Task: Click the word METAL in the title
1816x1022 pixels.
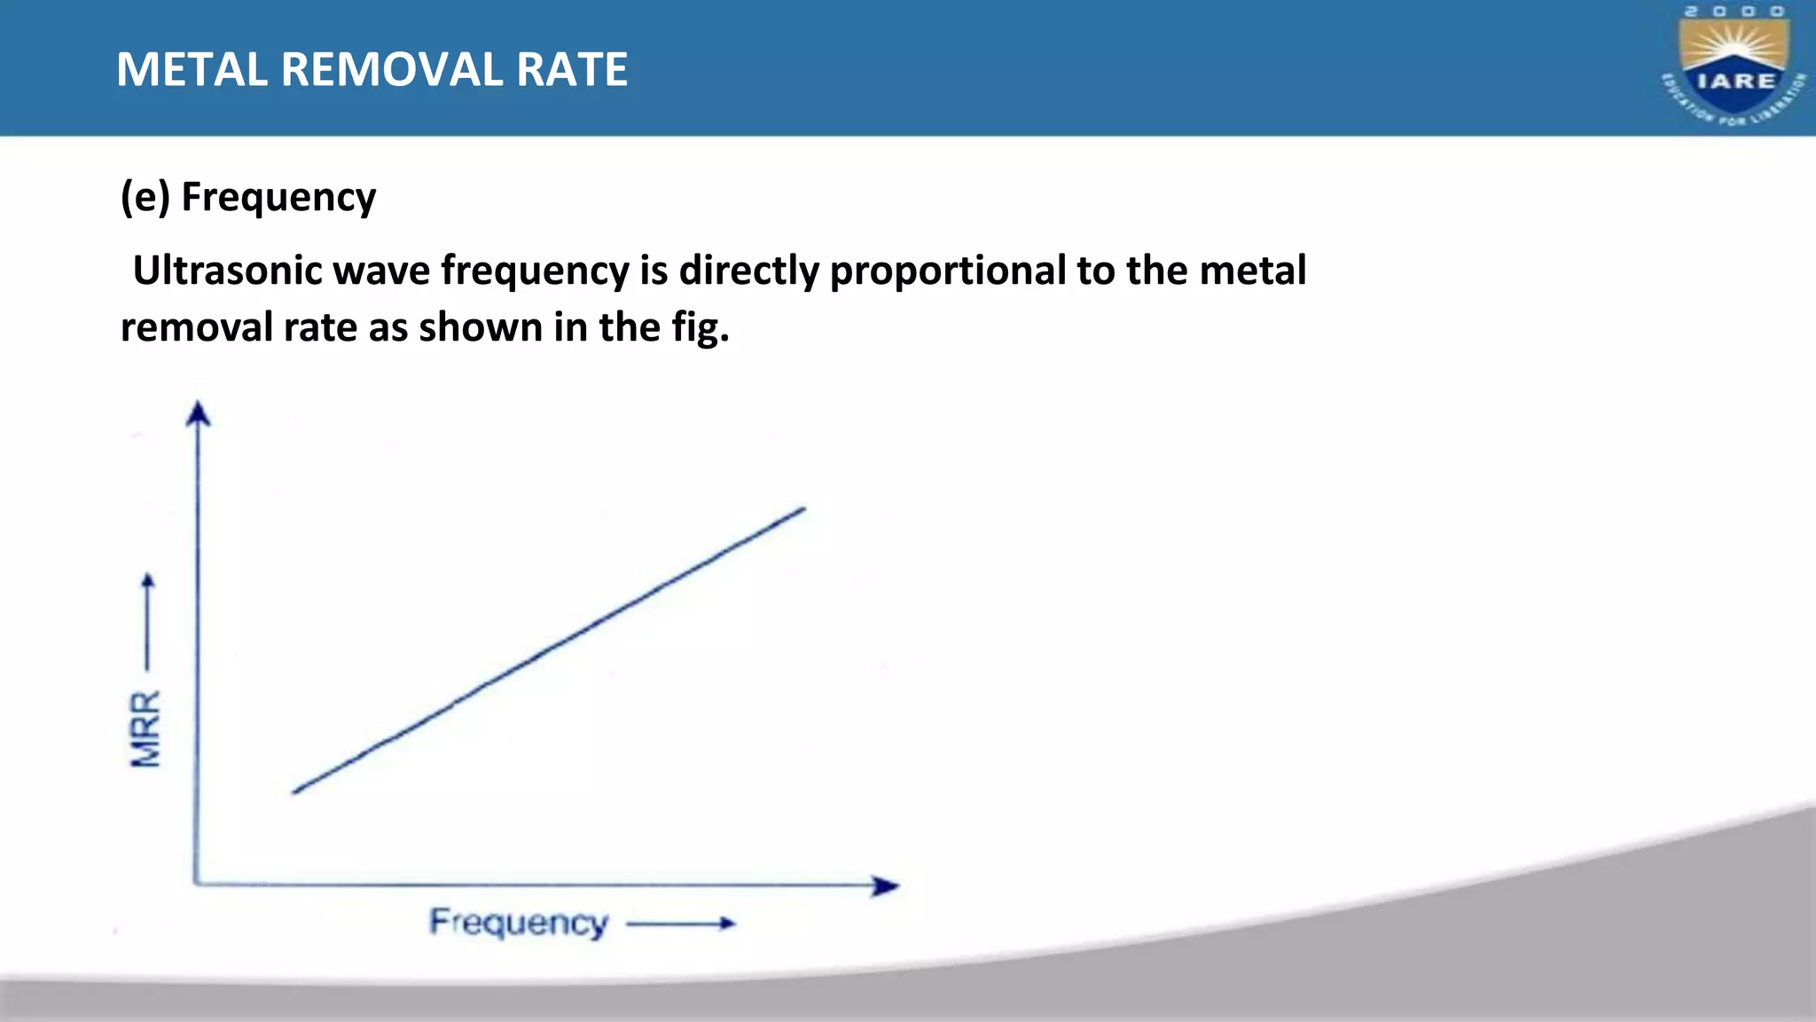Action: pos(192,69)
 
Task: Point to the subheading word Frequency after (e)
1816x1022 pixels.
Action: pos(278,197)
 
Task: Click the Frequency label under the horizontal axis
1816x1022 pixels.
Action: pos(519,923)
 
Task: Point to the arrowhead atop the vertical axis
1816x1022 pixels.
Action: pos(198,413)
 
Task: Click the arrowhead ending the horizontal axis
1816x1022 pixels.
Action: pos(885,885)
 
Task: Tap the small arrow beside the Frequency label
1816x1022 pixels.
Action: pos(681,924)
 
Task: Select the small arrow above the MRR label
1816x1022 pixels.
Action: pos(148,621)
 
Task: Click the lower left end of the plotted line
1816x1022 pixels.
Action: pos(295,790)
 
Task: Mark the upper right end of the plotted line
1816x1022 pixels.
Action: pos(802,509)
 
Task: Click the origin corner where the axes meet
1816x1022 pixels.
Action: pos(196,883)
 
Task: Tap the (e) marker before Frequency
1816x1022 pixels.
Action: pos(145,197)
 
